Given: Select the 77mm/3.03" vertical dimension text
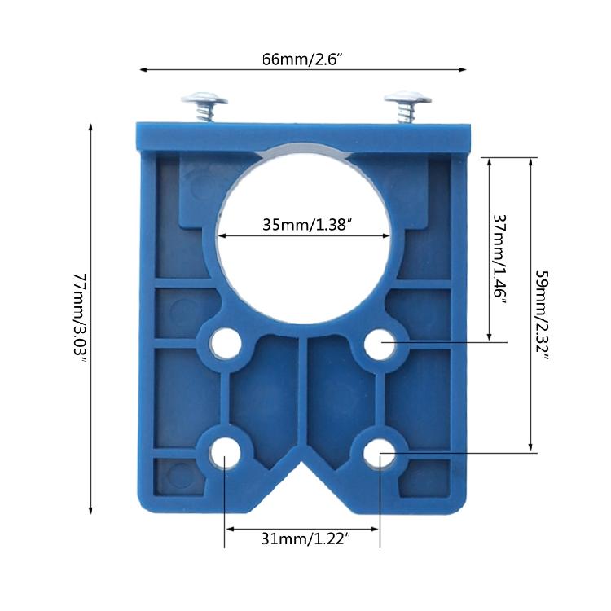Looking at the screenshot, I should coord(79,319).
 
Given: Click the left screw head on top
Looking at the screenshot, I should coord(204,101).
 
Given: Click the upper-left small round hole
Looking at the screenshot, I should coord(223,344).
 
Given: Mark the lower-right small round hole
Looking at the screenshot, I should coord(380,453).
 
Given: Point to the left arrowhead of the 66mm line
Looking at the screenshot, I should coord(143,70).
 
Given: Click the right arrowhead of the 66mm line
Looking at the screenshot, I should coord(464,70).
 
